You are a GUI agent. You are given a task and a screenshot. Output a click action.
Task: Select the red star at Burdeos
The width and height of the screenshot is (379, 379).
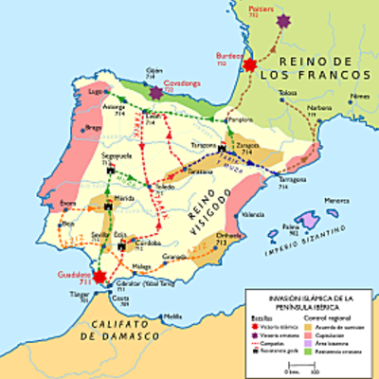tap(250, 64)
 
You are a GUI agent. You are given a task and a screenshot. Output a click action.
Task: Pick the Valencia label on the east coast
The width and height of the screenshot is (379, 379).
tap(253, 215)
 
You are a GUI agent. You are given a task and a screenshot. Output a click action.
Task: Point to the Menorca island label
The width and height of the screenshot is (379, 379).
tap(336, 200)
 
